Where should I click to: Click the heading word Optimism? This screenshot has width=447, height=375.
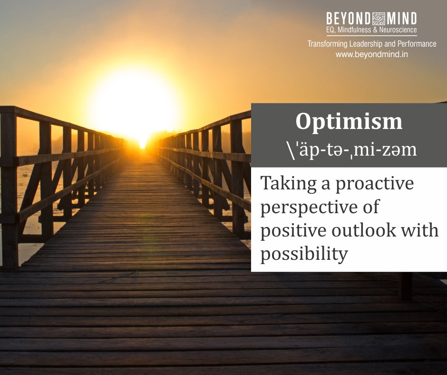[349, 122]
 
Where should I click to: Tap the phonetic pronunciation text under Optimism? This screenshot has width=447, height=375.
[349, 149]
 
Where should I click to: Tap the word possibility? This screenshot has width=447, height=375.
[304, 254]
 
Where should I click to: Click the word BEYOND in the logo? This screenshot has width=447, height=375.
[348, 19]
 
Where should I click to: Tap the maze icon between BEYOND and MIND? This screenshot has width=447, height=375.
[379, 19]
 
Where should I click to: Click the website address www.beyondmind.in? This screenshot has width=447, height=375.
[371, 54]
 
